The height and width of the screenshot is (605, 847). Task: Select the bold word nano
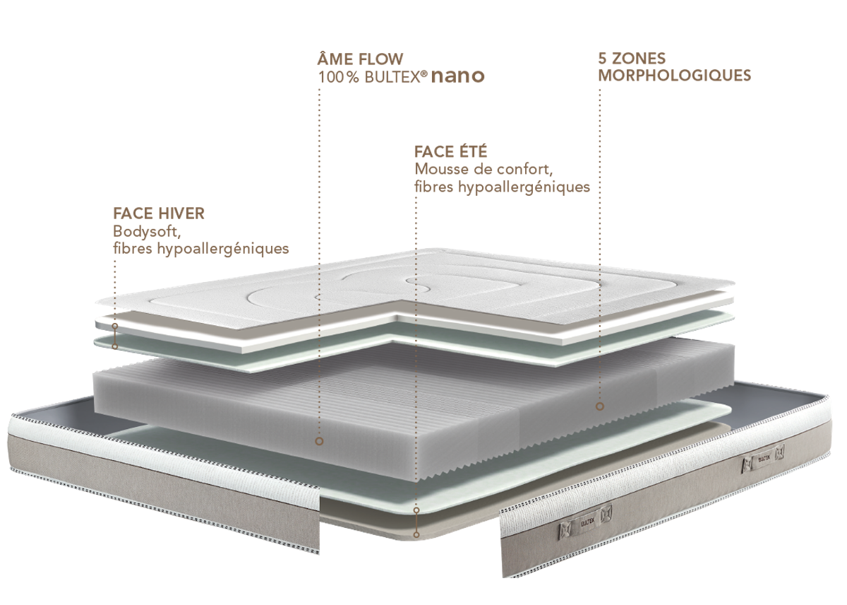tap(457, 76)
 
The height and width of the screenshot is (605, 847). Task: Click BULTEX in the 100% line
tap(392, 77)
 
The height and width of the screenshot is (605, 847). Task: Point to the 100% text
tap(338, 77)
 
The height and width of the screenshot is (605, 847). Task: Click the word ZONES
tap(639, 58)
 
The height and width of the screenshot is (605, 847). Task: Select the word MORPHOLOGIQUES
tap(675, 76)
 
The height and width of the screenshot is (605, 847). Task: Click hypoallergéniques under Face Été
tap(524, 187)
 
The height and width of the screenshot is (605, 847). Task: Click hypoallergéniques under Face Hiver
tap(223, 249)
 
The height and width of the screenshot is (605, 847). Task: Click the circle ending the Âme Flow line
tap(319, 441)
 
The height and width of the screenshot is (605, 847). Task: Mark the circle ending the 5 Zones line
tap(600, 406)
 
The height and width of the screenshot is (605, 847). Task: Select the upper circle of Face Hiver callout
tap(115, 326)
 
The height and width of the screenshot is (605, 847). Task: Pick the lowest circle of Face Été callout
tap(416, 534)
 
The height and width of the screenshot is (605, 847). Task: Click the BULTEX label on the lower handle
tap(587, 522)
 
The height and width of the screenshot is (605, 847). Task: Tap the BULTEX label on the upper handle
tap(764, 459)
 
